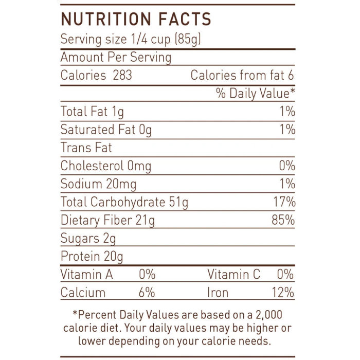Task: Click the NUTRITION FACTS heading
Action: tap(136, 19)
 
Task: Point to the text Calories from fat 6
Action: tap(242, 75)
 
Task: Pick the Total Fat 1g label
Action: tap(92, 112)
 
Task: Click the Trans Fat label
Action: tap(86, 148)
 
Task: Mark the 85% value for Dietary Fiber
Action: tap(282, 220)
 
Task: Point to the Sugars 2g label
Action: tap(88, 239)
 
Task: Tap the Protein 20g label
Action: tap(92, 256)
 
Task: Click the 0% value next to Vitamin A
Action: tap(147, 275)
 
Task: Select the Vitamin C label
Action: tap(233, 275)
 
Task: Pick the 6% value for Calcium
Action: tap(147, 293)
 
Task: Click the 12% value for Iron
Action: tap(282, 293)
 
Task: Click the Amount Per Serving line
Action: tap(116, 57)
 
